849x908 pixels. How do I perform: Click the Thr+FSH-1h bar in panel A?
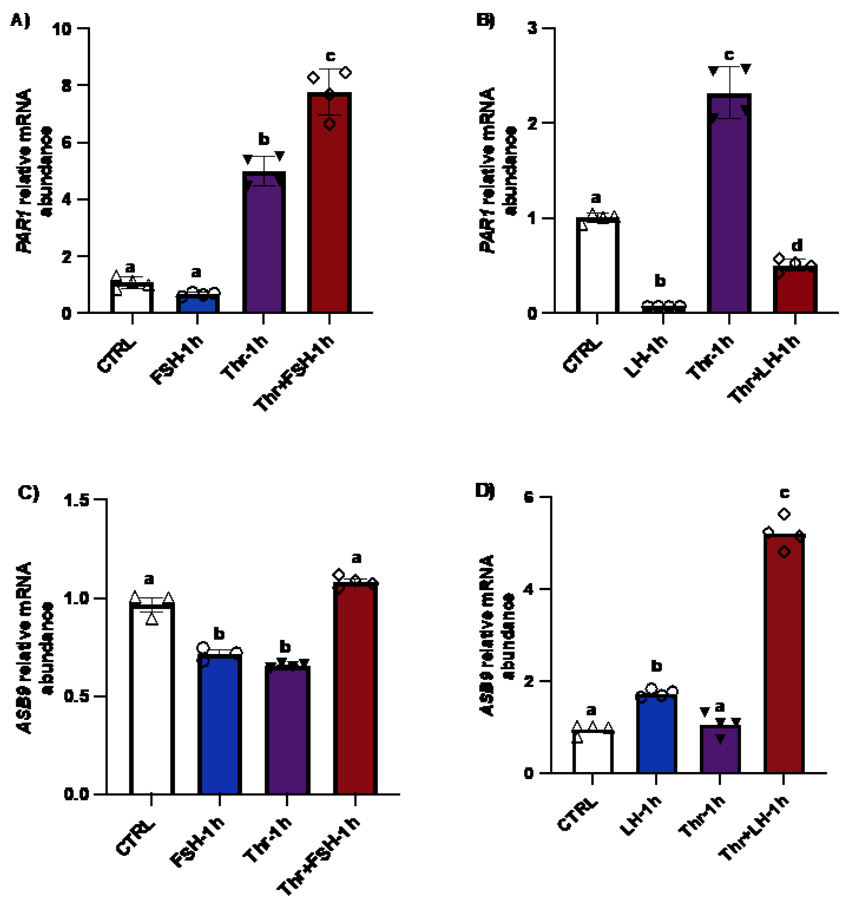point(329,205)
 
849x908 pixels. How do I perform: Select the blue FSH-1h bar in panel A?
point(198,303)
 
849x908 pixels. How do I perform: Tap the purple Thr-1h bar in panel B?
point(729,205)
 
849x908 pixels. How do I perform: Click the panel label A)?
point(20,20)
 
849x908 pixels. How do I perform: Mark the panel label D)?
point(485,491)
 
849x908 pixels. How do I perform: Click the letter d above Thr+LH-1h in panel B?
point(797,246)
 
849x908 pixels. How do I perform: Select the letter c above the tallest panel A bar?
point(330,56)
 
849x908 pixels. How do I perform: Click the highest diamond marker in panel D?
point(784,514)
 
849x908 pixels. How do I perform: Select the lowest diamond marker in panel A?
point(330,124)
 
